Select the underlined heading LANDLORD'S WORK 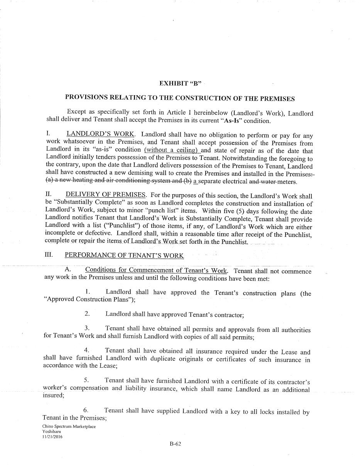(100, 134)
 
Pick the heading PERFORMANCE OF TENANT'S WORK (124, 255)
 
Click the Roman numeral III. (49, 255)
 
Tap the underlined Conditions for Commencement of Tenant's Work (156, 270)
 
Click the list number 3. (87, 328)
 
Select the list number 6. (86, 410)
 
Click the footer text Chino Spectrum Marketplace (69, 426)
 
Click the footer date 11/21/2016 (52, 437)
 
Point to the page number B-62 (175, 444)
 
